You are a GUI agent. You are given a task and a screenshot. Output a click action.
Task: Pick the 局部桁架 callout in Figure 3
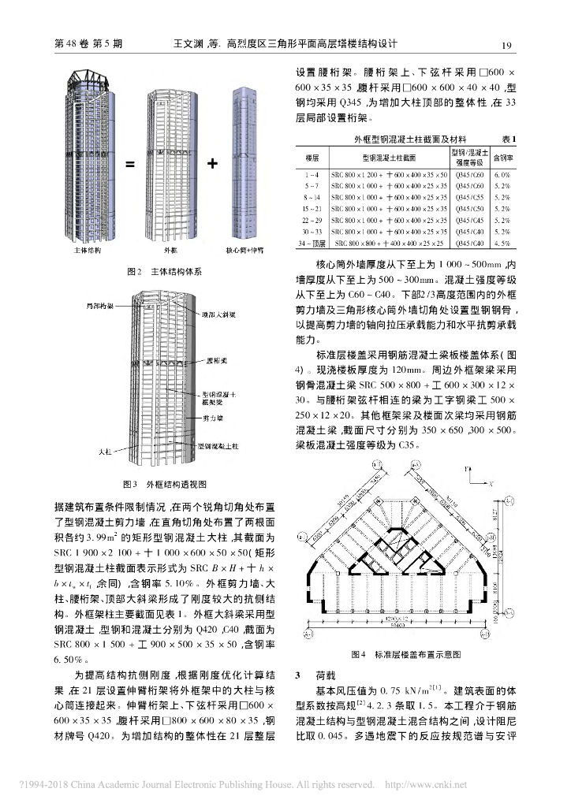click(x=99, y=304)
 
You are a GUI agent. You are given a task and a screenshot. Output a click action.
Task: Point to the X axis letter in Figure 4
click(x=491, y=480)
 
